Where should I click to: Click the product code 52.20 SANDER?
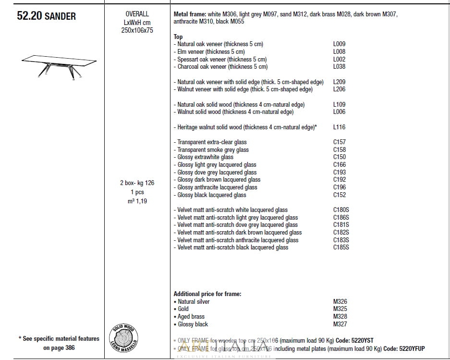click(46, 16)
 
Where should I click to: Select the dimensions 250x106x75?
click(137, 30)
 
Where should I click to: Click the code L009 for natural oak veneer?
click(339, 44)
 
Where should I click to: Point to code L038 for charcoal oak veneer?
click(339, 67)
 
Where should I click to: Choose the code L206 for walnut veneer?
click(339, 89)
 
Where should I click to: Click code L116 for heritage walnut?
click(339, 127)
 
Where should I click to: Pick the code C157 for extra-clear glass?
click(340, 142)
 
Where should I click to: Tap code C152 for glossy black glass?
click(340, 195)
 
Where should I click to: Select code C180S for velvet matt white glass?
click(341, 210)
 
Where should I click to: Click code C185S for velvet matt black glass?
click(341, 248)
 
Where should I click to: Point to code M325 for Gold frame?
click(340, 309)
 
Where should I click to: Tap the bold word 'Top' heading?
click(178, 37)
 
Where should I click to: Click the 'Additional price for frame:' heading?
click(207, 294)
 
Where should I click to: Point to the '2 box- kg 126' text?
click(137, 183)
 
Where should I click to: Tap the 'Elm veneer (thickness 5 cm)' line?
click(211, 52)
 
